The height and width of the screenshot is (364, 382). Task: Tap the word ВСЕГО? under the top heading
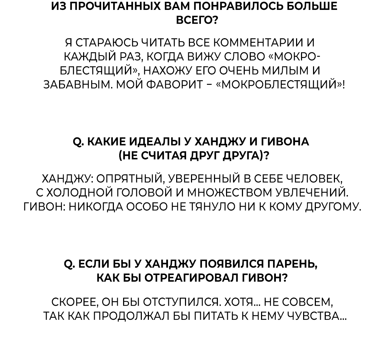(197, 20)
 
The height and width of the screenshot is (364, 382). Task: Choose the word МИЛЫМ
(283, 71)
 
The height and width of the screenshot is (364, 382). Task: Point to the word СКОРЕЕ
(74, 302)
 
